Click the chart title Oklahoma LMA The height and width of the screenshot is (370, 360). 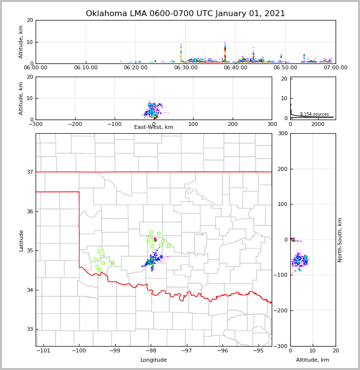click(x=185, y=14)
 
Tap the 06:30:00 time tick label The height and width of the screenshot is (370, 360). click(x=185, y=68)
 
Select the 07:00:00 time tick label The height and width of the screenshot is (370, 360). click(x=336, y=68)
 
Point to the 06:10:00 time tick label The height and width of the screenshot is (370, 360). click(x=86, y=68)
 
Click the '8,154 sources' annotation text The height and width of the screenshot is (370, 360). click(x=314, y=114)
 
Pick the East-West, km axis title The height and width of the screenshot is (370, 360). click(x=154, y=127)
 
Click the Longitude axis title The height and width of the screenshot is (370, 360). click(x=154, y=360)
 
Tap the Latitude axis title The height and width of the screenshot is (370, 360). click(x=21, y=240)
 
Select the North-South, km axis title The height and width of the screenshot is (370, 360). click(x=340, y=240)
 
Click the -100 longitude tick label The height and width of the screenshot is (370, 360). click(x=79, y=350)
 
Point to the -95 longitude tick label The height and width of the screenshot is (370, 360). click(x=258, y=350)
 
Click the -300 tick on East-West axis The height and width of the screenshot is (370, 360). click(x=36, y=124)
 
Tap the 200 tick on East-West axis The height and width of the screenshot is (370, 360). click(x=233, y=124)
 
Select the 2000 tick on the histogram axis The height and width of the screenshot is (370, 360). click(x=318, y=124)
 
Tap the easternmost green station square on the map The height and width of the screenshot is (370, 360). click(x=168, y=246)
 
